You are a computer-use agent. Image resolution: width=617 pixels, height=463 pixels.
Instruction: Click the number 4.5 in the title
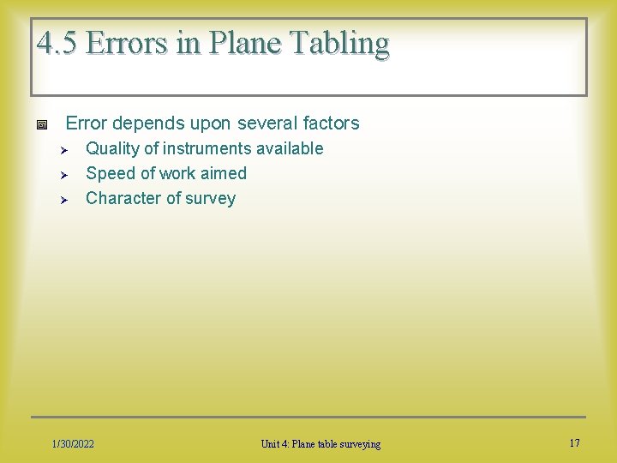point(57,42)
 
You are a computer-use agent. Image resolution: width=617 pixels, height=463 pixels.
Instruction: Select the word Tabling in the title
point(343,42)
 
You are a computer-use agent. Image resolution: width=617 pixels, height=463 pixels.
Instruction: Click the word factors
point(329,123)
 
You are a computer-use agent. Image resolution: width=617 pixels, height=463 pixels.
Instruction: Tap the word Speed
point(110,173)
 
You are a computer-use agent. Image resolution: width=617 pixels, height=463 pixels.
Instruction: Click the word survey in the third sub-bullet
point(210,199)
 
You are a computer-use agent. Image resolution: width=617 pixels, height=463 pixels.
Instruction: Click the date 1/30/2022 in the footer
point(73,443)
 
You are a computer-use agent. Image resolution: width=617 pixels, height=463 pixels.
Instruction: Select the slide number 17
point(574,442)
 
